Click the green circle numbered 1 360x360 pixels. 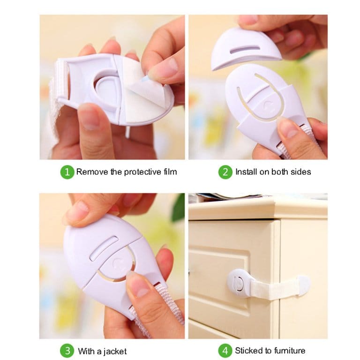(67, 172)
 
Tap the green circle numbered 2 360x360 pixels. (225, 172)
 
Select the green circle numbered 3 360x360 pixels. (67, 351)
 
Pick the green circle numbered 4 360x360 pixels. (225, 351)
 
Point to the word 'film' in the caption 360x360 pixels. (170, 172)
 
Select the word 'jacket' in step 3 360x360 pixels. (114, 351)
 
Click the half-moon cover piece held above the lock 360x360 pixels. (246, 49)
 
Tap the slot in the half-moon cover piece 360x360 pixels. (245, 49)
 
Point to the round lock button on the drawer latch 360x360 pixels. (237, 282)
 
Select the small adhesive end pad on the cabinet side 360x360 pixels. (304, 286)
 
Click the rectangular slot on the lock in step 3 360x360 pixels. (104, 248)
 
